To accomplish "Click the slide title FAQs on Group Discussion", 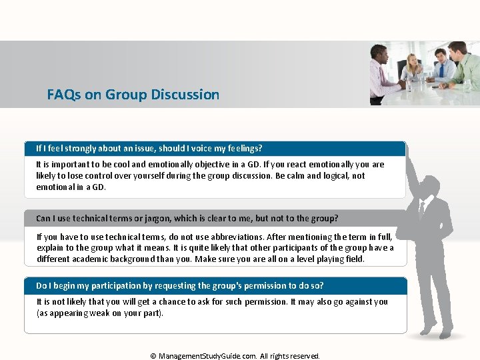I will [x=133, y=95].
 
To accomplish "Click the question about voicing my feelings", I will [x=149, y=148].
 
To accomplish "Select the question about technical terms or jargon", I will [x=187, y=218].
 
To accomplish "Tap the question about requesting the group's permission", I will [x=179, y=285].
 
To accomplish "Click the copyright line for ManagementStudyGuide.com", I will [x=235, y=356].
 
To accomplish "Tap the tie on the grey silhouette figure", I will [x=421, y=211].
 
